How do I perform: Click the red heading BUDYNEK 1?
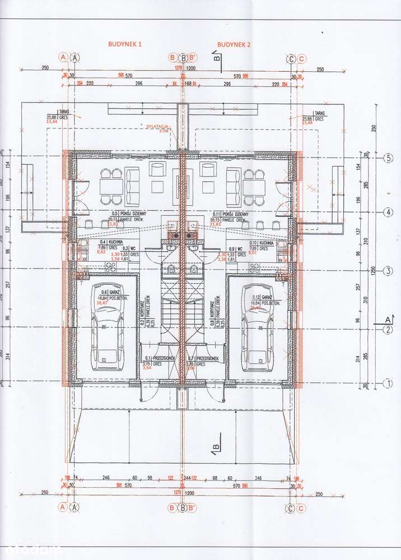coord(126,43)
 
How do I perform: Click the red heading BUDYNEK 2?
coord(234,43)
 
